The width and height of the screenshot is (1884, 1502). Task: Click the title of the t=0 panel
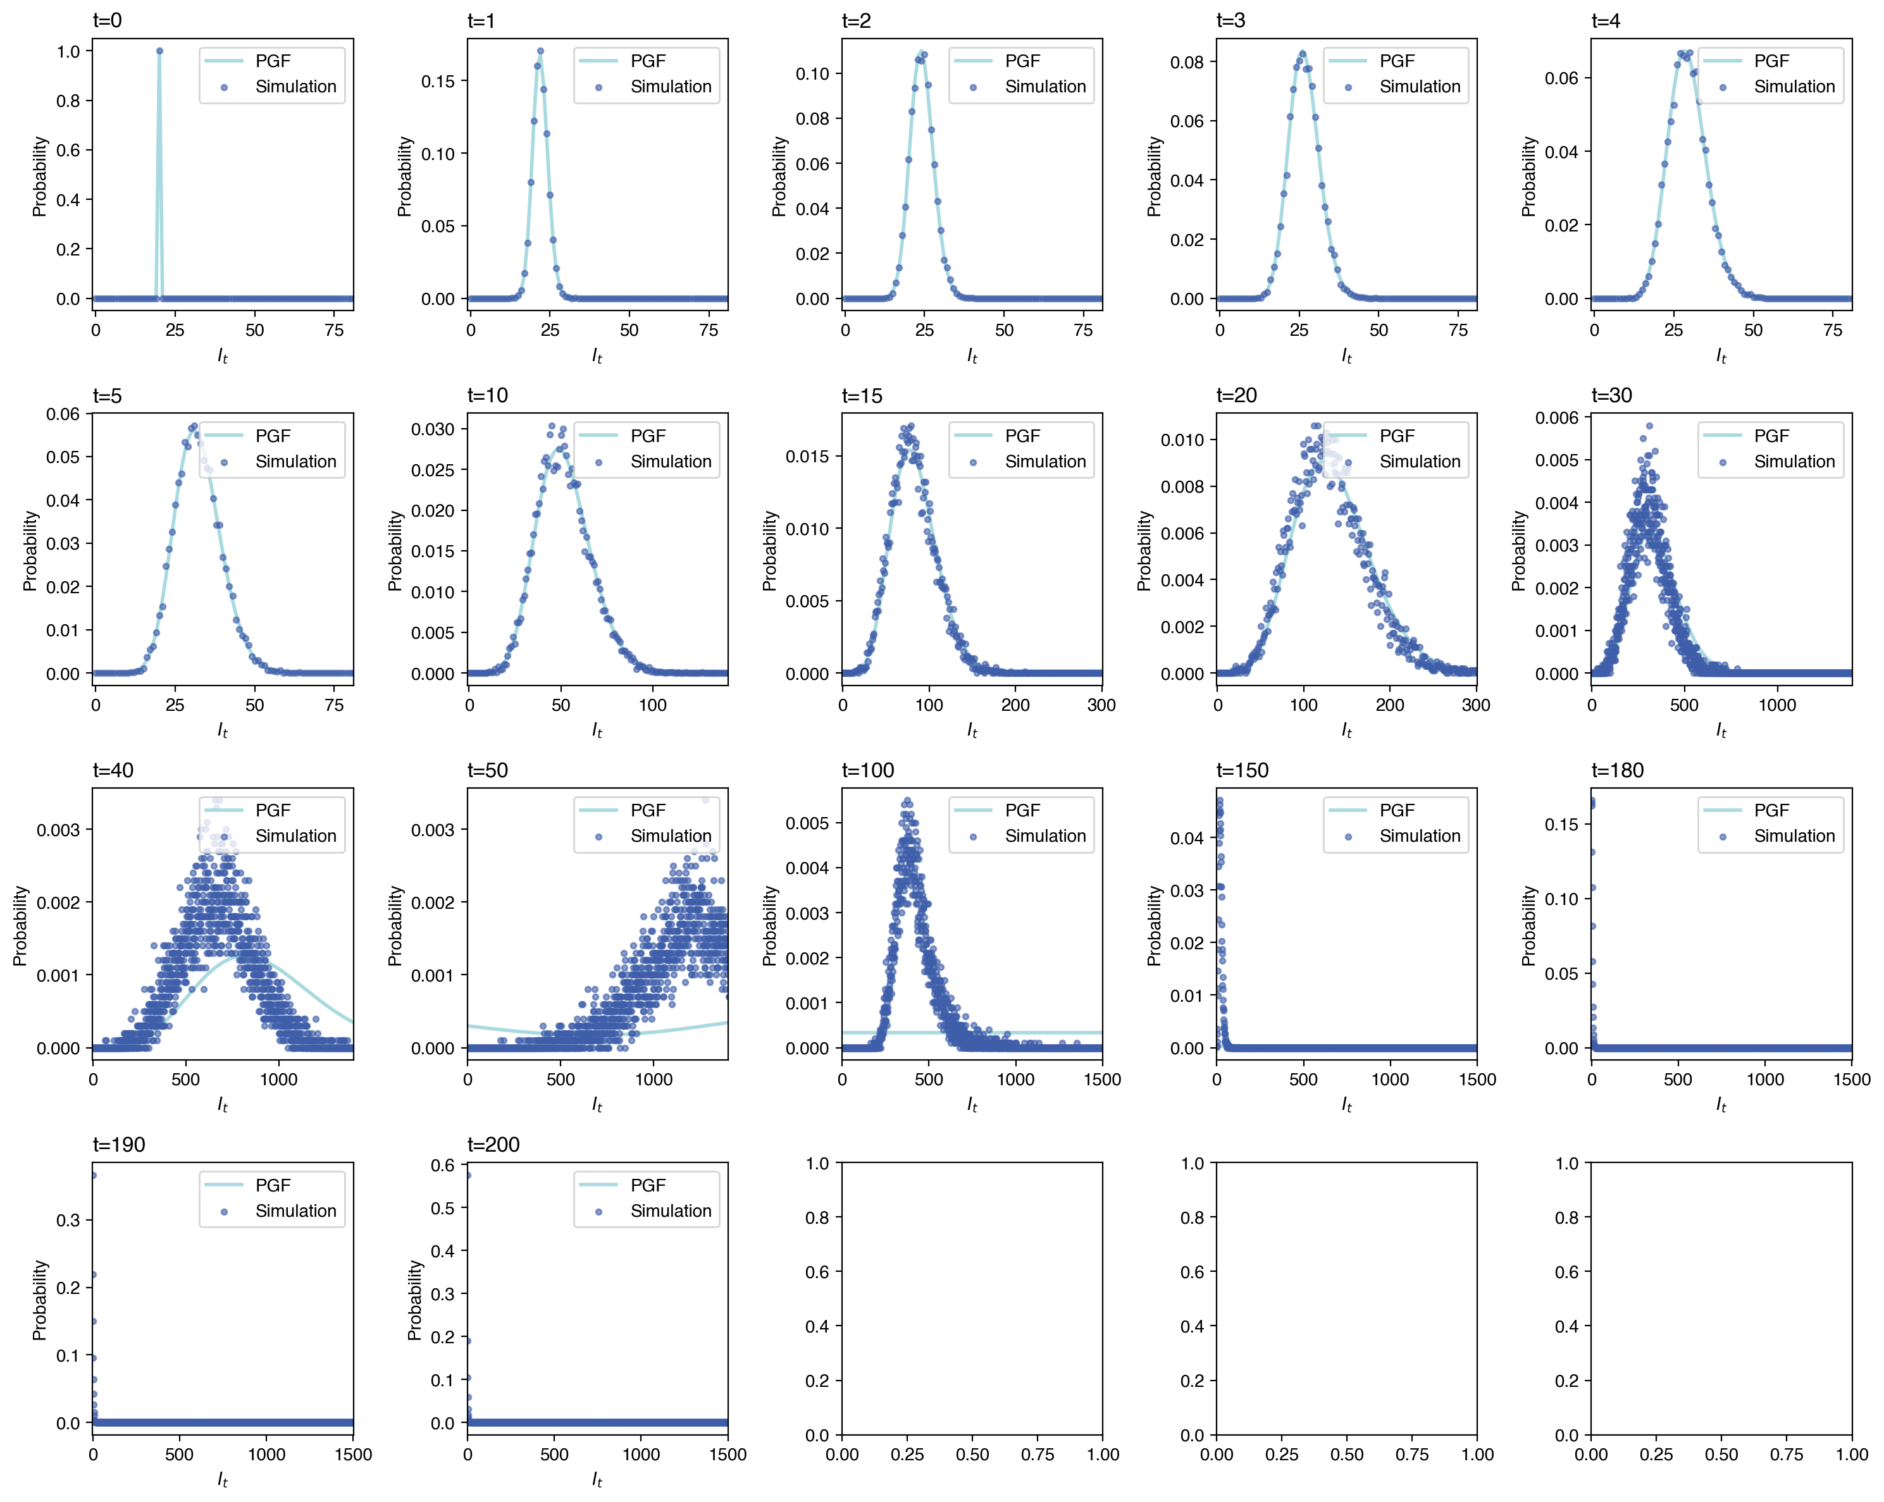[108, 21]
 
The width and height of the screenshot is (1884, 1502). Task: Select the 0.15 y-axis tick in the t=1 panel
[437, 81]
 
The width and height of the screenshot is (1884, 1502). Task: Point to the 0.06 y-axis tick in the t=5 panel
[63, 414]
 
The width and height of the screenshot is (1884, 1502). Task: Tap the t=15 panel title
[862, 396]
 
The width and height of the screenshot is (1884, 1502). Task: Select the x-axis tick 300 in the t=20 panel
[1475, 705]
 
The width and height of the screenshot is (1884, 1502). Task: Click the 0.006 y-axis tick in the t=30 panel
[1556, 417]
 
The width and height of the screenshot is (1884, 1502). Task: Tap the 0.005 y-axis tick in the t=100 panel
[807, 823]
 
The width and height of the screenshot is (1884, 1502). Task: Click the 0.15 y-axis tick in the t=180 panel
[1561, 824]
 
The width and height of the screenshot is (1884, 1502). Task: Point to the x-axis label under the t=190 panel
[222, 1479]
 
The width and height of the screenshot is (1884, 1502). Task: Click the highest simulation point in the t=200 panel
[468, 1175]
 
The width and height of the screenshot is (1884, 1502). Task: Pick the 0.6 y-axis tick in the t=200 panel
[443, 1165]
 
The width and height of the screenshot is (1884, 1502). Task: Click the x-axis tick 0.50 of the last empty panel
[1721, 1454]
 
